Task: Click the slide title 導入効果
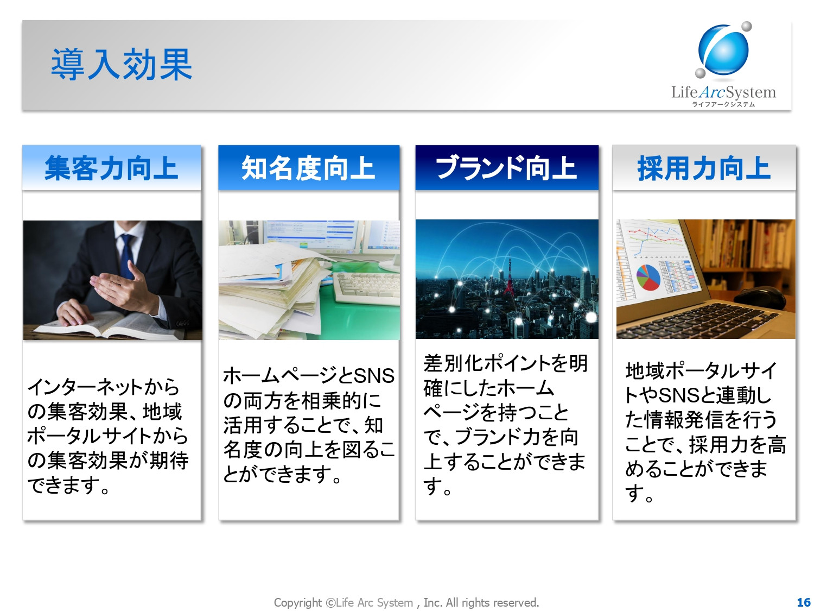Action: click(121, 65)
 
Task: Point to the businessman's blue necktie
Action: click(127, 255)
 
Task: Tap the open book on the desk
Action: click(107, 325)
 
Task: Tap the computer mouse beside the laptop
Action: click(760, 297)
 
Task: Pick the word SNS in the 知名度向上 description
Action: click(374, 376)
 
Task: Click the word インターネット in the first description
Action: click(85, 387)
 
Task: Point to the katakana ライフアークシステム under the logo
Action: click(723, 104)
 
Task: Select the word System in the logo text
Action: click(751, 92)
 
